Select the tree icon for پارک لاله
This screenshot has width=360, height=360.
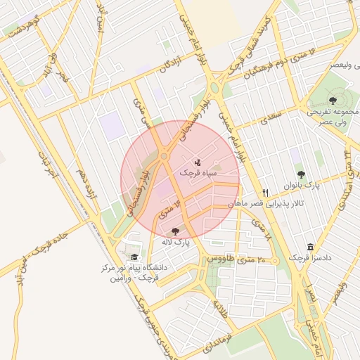click(175, 231)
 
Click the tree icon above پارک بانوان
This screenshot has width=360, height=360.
click(301, 174)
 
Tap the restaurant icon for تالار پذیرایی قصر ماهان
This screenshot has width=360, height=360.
click(265, 192)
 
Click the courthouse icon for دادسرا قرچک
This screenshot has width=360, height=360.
click(311, 247)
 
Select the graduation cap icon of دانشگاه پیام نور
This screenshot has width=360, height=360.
click(134, 257)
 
